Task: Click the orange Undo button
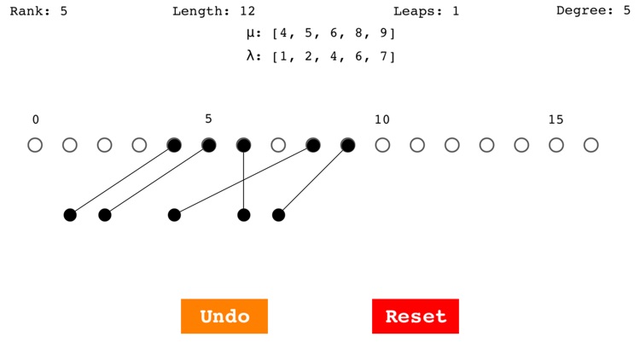coord(224,316)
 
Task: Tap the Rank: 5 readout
coord(38,11)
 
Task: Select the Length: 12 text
coord(214,11)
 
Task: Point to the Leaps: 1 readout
coord(426,11)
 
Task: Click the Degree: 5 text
coord(593,10)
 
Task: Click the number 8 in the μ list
coord(358,32)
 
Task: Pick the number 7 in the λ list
coord(383,56)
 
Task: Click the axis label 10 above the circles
coord(382,119)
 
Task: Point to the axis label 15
coord(556,119)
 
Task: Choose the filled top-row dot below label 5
coord(208,145)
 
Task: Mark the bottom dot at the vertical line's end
coord(244,215)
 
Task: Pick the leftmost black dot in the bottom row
coord(70,215)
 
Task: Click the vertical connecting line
coord(244,180)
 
